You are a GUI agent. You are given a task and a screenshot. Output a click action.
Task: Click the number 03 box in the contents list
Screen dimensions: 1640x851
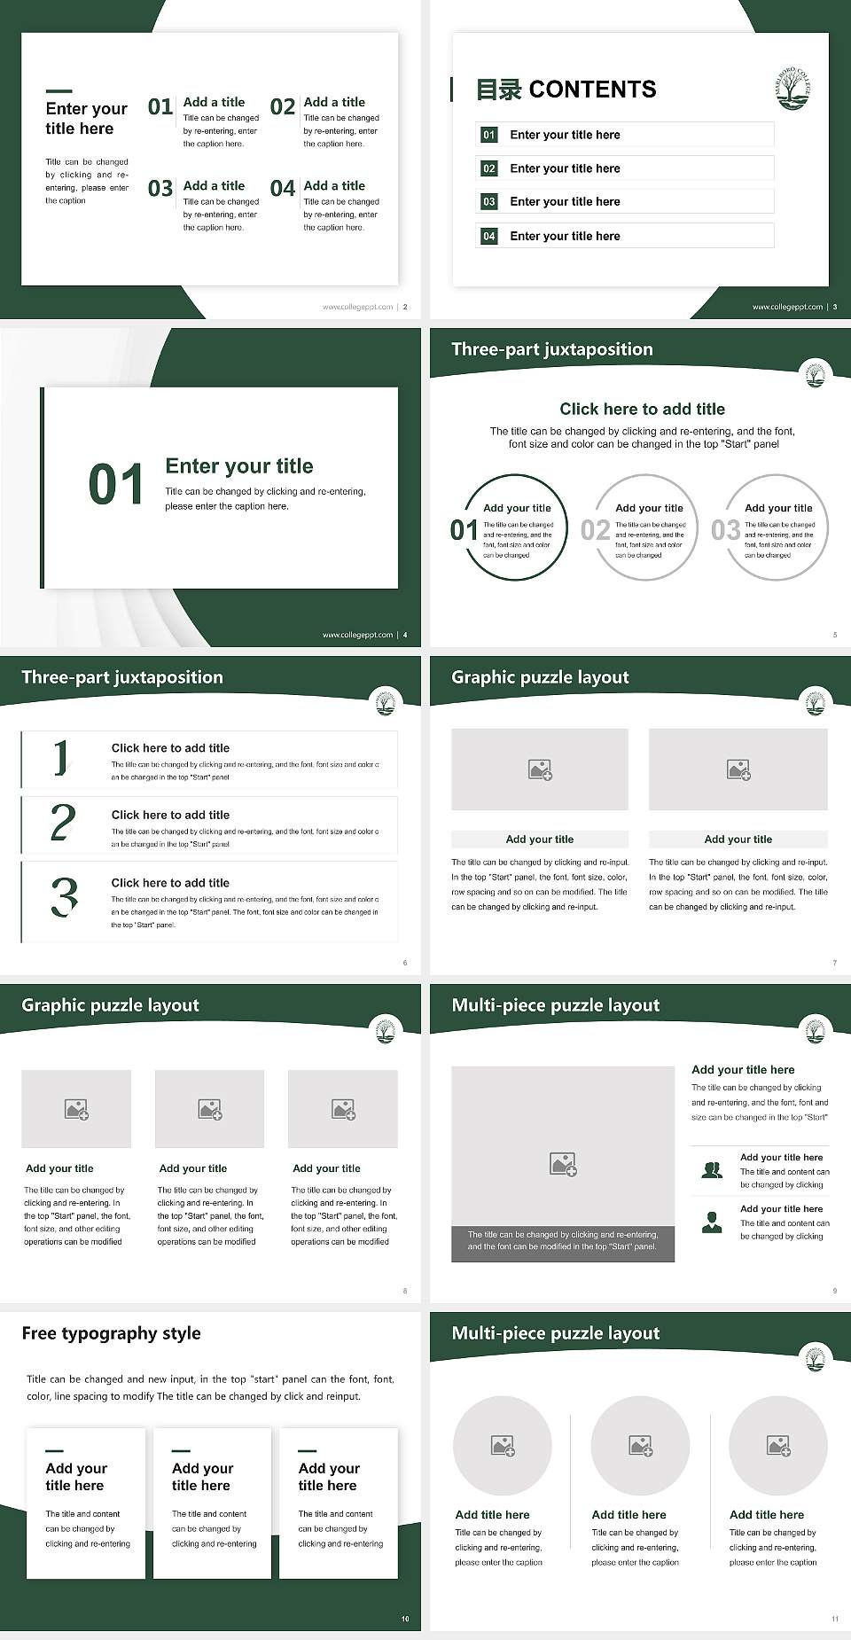coord(489,202)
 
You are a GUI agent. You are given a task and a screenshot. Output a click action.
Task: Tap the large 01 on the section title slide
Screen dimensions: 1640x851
coord(116,485)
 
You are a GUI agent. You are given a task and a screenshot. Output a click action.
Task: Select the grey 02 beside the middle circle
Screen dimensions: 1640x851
coord(595,530)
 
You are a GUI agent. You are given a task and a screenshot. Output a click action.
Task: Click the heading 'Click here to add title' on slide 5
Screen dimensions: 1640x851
coord(642,409)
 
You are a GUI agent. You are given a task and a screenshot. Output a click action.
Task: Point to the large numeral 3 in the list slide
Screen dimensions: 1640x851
coord(64,897)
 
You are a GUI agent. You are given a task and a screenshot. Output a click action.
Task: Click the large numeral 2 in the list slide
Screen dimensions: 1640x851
coord(63,823)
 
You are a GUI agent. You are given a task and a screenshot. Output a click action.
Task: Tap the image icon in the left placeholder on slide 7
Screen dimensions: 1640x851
coord(540,769)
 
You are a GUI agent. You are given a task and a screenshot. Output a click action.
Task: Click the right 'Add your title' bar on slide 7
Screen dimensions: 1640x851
coord(738,839)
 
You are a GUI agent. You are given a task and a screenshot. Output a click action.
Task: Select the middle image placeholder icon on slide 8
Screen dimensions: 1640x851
coord(210,1109)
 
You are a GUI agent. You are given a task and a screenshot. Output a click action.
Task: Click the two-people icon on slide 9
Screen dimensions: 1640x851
coord(712,1170)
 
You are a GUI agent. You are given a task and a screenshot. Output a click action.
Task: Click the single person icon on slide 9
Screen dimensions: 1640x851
coord(711,1222)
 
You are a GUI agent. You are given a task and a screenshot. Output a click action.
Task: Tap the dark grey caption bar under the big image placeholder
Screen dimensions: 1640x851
coord(563,1240)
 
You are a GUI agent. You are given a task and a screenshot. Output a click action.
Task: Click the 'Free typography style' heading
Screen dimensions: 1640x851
coord(111,1333)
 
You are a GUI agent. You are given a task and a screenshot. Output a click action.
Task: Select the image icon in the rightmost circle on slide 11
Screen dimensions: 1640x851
coord(778,1446)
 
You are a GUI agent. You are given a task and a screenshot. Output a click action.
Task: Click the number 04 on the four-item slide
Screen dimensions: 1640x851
coord(283,189)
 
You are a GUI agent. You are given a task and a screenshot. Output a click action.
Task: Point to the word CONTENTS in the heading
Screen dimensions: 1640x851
coord(592,90)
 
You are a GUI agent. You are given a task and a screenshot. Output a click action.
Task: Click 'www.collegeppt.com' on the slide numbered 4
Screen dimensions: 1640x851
coord(357,635)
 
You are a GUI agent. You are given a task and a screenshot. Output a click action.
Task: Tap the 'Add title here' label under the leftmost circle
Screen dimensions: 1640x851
coord(492,1515)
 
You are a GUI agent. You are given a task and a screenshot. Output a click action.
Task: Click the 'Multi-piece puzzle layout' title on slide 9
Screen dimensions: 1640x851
coord(555,1005)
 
